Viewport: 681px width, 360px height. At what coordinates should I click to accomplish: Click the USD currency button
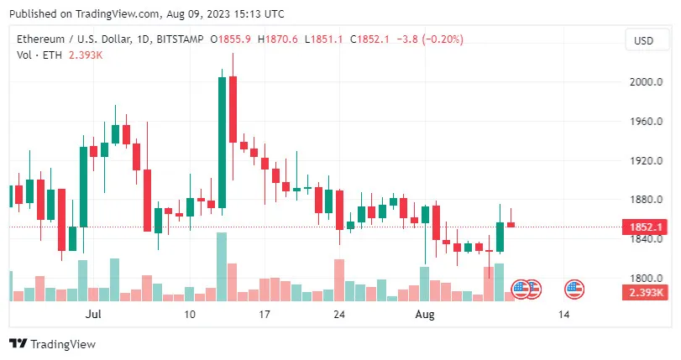[643, 40]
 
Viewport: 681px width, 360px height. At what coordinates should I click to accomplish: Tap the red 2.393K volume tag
[643, 292]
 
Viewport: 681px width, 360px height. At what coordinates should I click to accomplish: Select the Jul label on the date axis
[93, 315]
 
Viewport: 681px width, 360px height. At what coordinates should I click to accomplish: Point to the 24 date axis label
[339, 315]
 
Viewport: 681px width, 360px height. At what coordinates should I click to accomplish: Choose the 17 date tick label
[265, 315]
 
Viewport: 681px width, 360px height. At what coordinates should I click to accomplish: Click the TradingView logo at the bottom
[52, 344]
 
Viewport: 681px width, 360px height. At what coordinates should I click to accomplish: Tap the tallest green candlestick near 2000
[222, 143]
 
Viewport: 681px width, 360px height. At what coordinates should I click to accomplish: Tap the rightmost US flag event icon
[574, 290]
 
